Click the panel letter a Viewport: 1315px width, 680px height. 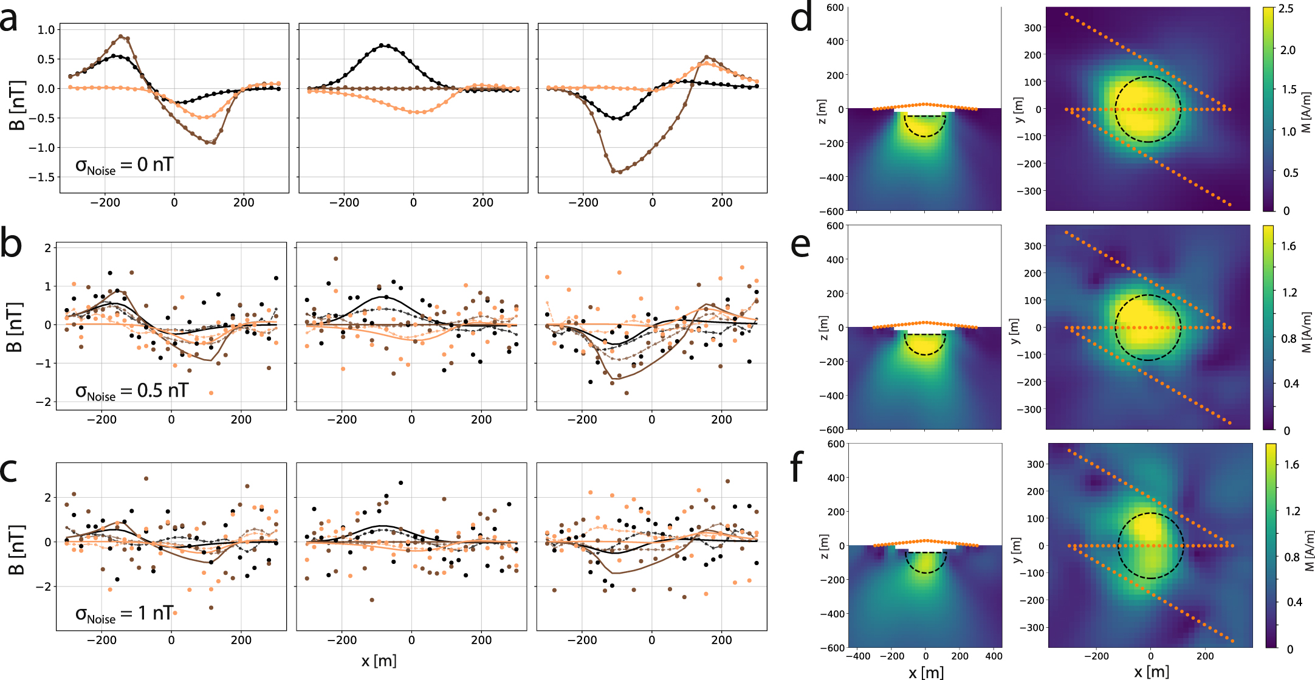(x=16, y=19)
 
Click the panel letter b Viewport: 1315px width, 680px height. (x=12, y=243)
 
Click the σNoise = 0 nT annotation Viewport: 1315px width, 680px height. (x=125, y=165)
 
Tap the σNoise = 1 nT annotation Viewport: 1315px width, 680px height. (x=125, y=614)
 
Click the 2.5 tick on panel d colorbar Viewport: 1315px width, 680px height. (x=1286, y=9)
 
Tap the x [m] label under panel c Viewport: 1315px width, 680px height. (x=379, y=660)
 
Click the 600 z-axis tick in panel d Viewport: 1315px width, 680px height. (x=835, y=8)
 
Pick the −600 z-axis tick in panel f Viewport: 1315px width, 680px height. (x=832, y=648)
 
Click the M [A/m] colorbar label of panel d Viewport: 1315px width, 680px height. (x=1306, y=112)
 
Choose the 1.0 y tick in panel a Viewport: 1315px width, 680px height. (x=46, y=30)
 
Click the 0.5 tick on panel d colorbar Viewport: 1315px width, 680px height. (x=1289, y=173)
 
